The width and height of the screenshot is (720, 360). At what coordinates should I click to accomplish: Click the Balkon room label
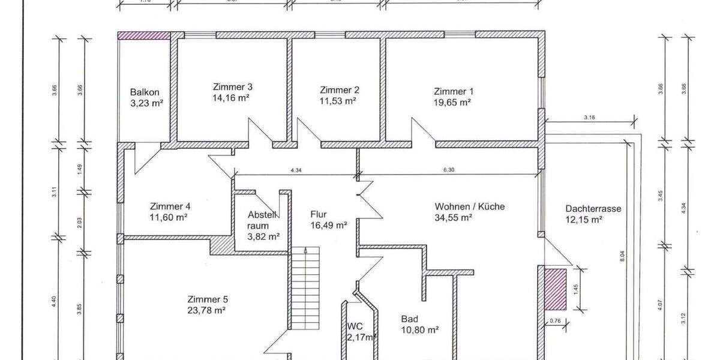[x=145, y=92]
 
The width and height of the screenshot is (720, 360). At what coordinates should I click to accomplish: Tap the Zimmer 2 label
[x=340, y=90]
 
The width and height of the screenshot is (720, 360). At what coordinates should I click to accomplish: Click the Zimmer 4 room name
[x=170, y=206]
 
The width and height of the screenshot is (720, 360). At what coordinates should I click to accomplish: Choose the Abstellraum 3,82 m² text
[x=264, y=236]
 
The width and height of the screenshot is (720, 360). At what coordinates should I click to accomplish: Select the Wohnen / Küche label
[x=470, y=206]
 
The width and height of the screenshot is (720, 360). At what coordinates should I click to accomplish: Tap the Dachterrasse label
[x=593, y=209]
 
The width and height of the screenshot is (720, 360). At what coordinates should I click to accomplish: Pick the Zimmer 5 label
[x=207, y=299]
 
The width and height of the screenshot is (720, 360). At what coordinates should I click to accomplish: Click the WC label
[x=355, y=326]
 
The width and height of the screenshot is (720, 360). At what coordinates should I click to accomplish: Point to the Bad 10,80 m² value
[x=420, y=329]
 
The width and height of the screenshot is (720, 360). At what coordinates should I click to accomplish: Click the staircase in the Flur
[x=305, y=289]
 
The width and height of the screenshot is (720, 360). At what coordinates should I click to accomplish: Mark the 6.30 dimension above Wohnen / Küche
[x=448, y=170]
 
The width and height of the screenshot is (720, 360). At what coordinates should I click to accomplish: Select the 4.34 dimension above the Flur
[x=295, y=170]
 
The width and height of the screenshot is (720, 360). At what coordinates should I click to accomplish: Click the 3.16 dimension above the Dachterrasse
[x=589, y=118]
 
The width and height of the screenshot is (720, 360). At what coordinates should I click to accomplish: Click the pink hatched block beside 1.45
[x=555, y=288]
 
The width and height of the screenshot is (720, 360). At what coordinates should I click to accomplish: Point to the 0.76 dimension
[x=556, y=322]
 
